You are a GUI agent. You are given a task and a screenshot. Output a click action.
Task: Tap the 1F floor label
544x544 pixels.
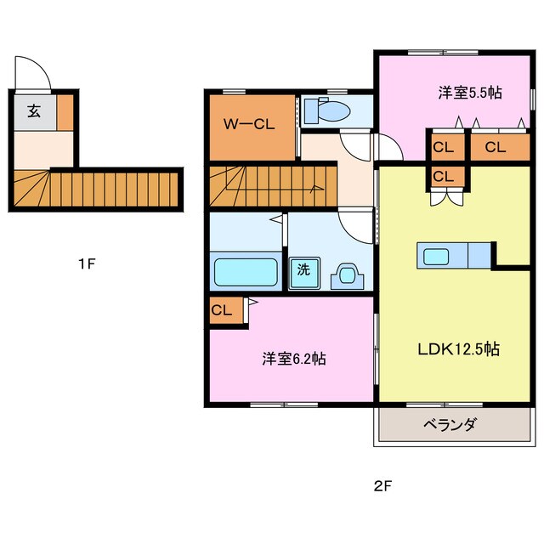click(x=86, y=263)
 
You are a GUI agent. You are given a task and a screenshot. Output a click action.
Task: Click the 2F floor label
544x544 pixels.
click(x=382, y=487)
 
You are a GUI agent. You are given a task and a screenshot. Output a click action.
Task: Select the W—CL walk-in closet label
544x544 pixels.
click(x=249, y=124)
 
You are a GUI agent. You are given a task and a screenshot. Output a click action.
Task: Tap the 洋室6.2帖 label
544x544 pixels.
click(x=292, y=359)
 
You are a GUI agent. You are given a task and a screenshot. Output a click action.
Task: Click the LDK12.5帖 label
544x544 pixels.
click(x=457, y=348)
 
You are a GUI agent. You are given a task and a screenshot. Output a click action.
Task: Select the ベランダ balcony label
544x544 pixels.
click(x=452, y=425)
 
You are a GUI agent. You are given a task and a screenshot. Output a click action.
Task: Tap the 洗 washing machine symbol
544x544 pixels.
click(x=303, y=272)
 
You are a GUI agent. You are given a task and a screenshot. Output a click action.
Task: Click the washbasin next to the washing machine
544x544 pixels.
click(x=348, y=274)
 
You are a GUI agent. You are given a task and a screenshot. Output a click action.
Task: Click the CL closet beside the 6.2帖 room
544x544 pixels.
click(x=222, y=310)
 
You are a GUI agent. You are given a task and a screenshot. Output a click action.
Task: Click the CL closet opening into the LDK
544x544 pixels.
click(x=444, y=176)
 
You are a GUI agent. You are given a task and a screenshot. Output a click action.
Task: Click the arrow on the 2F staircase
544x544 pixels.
click(x=316, y=188)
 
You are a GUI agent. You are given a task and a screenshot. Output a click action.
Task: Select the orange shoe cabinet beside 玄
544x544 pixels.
click(x=65, y=110)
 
